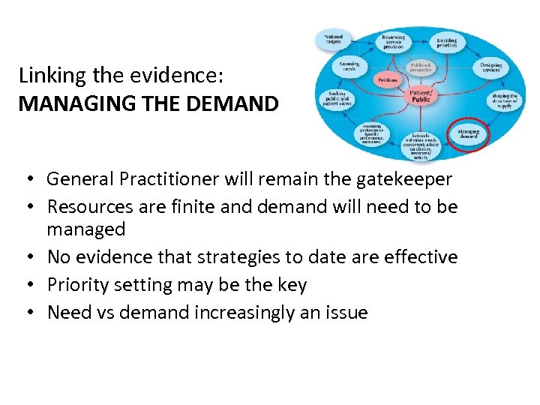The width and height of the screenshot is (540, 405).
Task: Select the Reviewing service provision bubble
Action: (393, 40)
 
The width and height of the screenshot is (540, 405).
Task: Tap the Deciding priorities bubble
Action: (447, 42)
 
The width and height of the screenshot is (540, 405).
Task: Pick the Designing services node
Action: (490, 67)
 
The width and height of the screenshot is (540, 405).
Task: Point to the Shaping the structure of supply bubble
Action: (504, 100)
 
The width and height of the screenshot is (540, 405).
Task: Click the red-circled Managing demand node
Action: (468, 133)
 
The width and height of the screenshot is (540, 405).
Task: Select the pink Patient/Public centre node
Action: (421, 95)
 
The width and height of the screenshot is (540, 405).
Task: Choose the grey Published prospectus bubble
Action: (421, 67)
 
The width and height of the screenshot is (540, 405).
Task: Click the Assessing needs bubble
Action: (349, 67)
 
